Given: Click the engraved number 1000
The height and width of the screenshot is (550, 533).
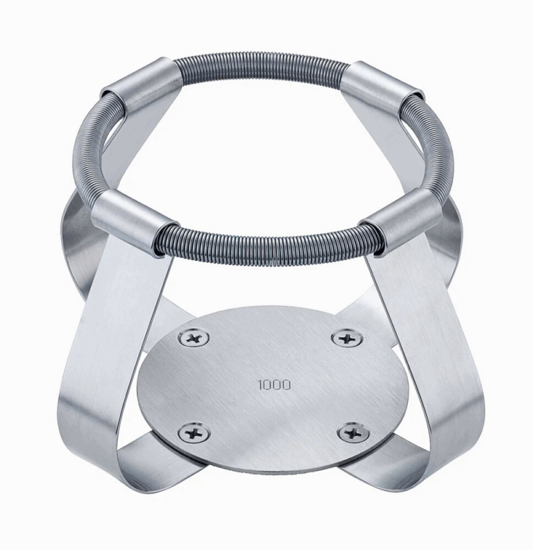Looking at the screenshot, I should pos(274,384).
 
